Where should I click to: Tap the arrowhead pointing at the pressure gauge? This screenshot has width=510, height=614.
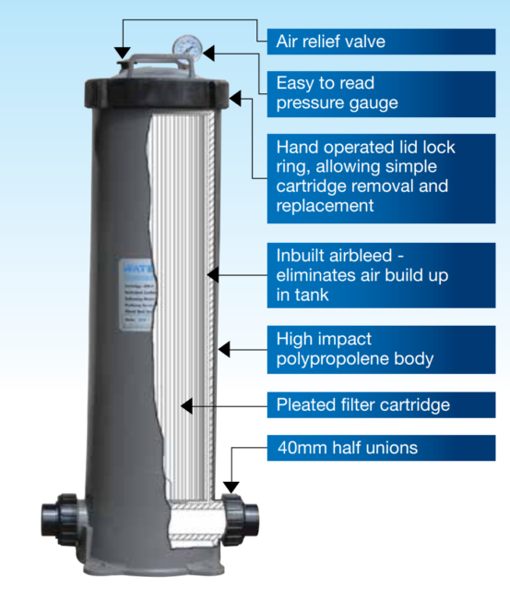pyautogui.click(x=209, y=53)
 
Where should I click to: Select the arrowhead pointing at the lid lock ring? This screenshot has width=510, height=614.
pyautogui.click(x=236, y=94)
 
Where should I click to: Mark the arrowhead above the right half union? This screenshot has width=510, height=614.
pyautogui.click(x=231, y=485)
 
